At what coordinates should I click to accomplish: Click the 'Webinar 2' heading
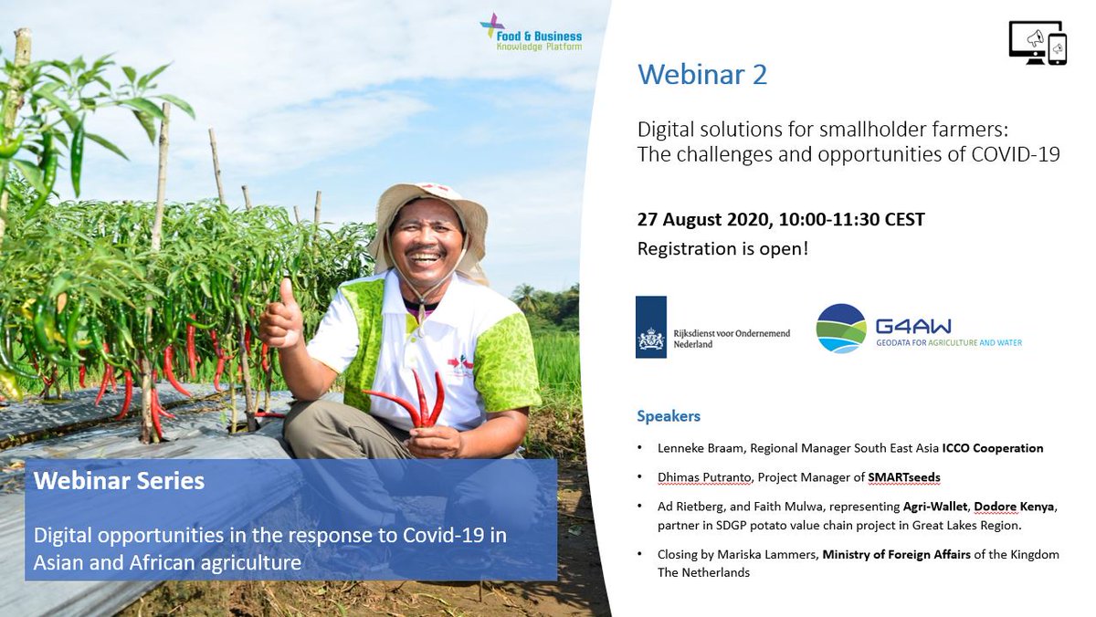[x=701, y=74]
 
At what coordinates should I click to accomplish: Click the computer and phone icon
[x=1038, y=42]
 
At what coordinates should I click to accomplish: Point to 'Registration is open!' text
[x=722, y=247]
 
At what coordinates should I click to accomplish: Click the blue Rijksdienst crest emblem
[x=651, y=327]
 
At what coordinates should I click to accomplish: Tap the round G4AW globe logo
[x=841, y=329]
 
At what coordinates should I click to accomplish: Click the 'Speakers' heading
[x=668, y=416]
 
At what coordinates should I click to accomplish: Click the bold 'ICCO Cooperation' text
[x=986, y=448]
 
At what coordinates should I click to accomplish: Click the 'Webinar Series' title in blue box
[x=119, y=480]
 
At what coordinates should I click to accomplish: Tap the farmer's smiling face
[x=426, y=245]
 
